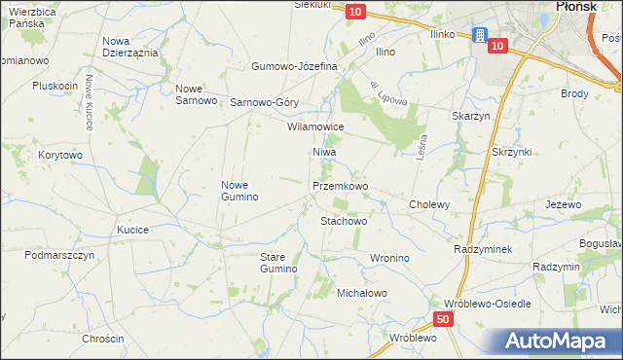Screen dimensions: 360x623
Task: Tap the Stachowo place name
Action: (x=344, y=221)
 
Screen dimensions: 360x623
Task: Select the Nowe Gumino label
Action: (x=239, y=191)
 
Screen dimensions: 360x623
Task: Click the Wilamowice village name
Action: (x=315, y=126)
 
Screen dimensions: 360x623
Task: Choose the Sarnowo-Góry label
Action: (x=264, y=102)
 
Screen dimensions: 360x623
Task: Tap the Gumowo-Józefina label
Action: (x=294, y=66)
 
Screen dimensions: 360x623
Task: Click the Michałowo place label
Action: (x=362, y=293)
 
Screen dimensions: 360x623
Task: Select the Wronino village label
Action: (x=388, y=258)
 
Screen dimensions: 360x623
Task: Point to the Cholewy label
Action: (x=428, y=205)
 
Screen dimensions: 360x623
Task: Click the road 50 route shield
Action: (x=443, y=319)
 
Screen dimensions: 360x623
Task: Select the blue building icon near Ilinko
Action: (x=479, y=35)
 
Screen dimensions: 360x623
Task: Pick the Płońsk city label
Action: (x=575, y=6)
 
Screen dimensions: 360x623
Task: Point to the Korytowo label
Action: (x=60, y=155)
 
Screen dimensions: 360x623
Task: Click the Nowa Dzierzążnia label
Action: (x=130, y=47)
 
